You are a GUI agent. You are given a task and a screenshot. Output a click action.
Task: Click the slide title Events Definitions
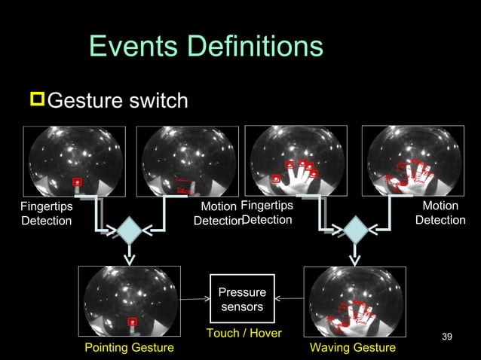(x=206, y=47)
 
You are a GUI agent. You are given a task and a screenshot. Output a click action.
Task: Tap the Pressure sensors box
(x=242, y=299)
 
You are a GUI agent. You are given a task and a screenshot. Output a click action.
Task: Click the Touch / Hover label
(x=244, y=333)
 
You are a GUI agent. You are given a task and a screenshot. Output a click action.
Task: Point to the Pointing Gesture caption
(x=129, y=347)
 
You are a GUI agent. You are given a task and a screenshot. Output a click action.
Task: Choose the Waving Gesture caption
(x=353, y=347)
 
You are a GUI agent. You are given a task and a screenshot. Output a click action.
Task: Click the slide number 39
(x=446, y=335)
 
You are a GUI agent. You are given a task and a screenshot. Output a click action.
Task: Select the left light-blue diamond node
(x=130, y=230)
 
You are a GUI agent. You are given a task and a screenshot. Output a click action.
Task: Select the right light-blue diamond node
(x=354, y=230)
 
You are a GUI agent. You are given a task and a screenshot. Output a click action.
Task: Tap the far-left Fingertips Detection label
(x=46, y=213)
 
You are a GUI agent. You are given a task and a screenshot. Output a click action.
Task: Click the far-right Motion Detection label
(x=440, y=213)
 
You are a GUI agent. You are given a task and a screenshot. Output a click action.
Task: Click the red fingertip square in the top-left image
(x=76, y=182)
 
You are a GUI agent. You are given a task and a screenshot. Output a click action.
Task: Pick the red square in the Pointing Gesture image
(x=133, y=322)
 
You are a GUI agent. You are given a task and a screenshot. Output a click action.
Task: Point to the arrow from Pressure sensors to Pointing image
(x=195, y=300)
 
